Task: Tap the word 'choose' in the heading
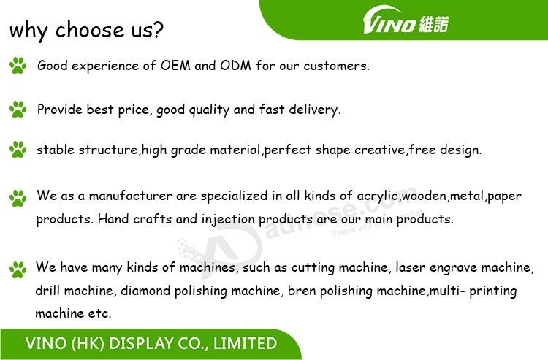(89, 29)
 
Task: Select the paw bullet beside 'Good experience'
(18, 65)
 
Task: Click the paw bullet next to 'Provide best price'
(18, 110)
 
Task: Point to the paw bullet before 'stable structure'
(18, 150)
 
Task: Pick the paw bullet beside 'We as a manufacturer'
(18, 198)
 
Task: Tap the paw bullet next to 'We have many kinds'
(18, 269)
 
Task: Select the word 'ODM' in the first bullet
(235, 65)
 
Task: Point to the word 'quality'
(209, 110)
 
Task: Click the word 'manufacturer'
(130, 196)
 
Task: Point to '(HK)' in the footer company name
(88, 344)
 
